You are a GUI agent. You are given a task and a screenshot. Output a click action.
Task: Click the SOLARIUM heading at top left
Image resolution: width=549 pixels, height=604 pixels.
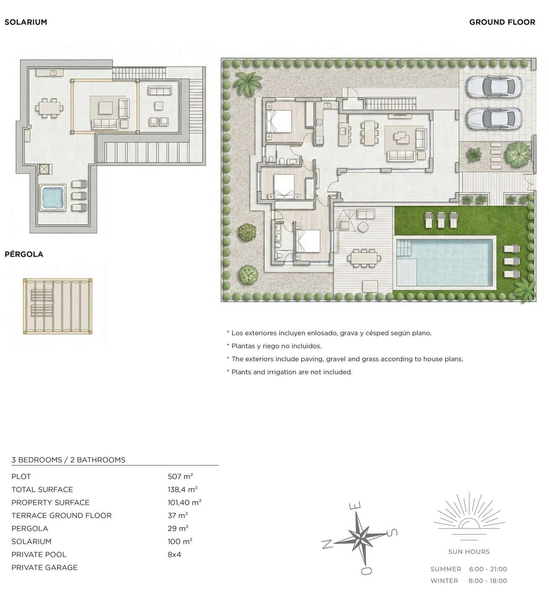[26, 22]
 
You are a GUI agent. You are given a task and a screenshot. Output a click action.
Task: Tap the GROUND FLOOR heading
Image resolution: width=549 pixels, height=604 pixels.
[502, 22]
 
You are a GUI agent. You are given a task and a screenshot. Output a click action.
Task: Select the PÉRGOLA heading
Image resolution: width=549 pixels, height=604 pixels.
[24, 254]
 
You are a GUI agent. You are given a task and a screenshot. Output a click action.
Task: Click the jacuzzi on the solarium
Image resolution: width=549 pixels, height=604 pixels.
[52, 197]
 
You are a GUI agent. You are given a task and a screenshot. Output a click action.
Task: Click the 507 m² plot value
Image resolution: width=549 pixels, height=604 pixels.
[180, 476]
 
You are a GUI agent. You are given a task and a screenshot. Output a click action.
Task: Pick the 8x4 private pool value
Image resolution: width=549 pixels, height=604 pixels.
[174, 555]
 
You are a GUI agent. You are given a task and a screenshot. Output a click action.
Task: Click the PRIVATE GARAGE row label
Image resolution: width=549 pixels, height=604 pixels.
[44, 568]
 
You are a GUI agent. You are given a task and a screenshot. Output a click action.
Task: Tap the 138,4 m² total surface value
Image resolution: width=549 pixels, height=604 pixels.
[182, 489]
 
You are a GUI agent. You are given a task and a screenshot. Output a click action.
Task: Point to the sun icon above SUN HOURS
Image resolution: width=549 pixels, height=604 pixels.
[468, 518]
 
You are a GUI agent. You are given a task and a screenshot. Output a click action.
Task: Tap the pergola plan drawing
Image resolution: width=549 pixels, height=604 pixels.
[57, 307]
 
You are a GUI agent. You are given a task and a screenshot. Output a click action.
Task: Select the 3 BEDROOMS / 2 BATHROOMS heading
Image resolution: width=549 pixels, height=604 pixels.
[68, 460]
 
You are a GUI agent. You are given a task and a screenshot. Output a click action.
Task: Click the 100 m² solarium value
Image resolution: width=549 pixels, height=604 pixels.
[180, 542]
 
